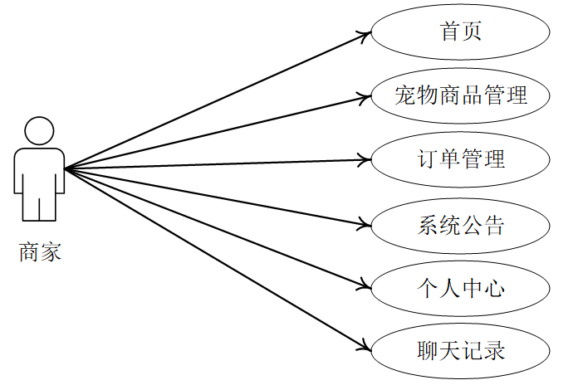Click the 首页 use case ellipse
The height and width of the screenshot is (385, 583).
(x=460, y=32)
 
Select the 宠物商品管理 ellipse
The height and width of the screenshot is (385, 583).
(x=460, y=95)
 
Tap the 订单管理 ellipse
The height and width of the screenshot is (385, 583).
(x=460, y=158)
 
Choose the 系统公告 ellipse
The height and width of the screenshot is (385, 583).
(x=460, y=224)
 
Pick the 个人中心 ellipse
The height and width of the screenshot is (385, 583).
(x=460, y=287)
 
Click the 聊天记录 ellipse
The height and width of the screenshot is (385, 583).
(x=460, y=350)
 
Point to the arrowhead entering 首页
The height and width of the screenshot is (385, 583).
(x=365, y=34)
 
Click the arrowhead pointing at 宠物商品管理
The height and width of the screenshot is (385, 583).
(x=365, y=97)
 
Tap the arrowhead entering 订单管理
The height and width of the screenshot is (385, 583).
(x=365, y=158)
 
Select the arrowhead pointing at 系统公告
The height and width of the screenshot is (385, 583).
(x=365, y=223)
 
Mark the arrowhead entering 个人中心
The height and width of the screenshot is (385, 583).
(x=365, y=285)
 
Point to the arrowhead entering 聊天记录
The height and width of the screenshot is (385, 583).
(x=365, y=347)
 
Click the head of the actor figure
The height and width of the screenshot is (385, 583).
(x=39, y=131)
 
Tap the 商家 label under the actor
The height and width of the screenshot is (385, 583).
(x=40, y=251)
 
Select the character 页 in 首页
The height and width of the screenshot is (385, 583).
(x=472, y=32)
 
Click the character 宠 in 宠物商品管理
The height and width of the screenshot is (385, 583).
(x=405, y=95)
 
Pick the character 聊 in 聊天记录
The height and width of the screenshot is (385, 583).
(x=428, y=350)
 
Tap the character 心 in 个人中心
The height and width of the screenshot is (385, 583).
(x=494, y=287)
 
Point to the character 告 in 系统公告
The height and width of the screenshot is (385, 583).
(x=494, y=224)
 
